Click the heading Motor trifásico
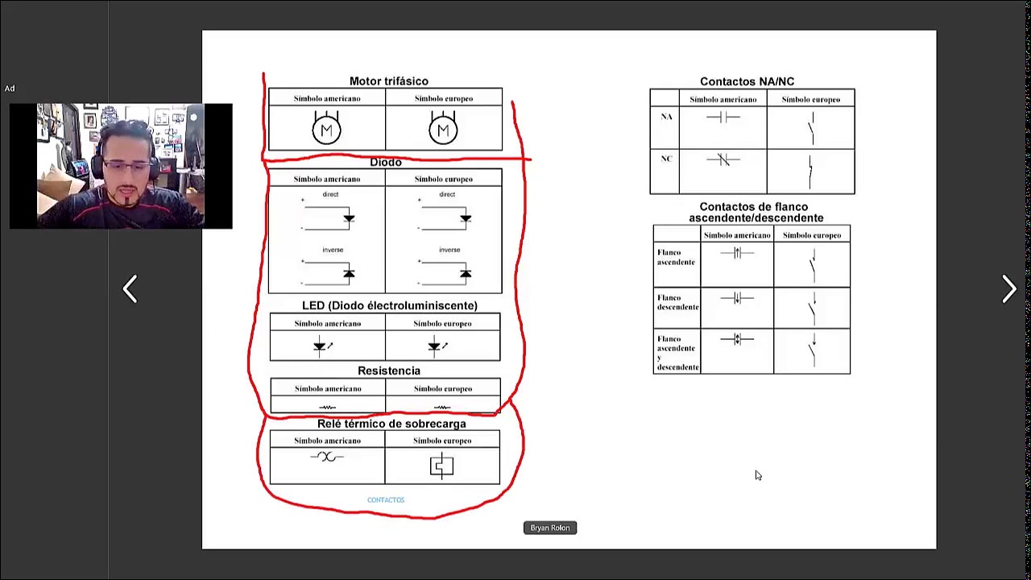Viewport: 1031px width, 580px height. (388, 81)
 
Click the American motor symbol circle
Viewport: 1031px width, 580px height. (326, 130)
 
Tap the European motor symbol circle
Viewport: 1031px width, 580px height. (443, 130)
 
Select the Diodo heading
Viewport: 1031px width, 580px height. (385, 163)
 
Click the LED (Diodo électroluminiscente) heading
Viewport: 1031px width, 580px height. (389, 306)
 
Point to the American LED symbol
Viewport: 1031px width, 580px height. (321, 346)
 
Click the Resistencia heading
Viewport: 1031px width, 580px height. (388, 371)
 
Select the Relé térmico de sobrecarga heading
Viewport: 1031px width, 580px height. (391, 424)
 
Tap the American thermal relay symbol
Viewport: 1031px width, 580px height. (326, 458)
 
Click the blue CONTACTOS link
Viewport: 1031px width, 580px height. (386, 500)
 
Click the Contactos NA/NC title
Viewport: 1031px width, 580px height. (747, 81)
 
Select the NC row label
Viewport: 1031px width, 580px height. (666, 159)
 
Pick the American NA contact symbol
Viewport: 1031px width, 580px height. (723, 118)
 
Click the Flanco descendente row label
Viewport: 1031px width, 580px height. (677, 302)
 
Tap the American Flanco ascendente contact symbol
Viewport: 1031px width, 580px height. (737, 254)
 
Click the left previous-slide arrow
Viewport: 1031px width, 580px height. (130, 289)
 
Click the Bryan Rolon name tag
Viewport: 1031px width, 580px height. (550, 528)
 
